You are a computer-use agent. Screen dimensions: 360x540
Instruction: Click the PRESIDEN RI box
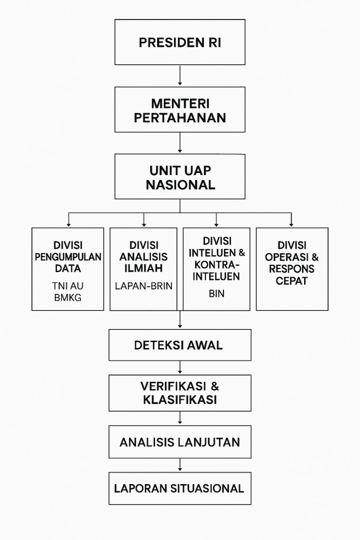tap(180, 42)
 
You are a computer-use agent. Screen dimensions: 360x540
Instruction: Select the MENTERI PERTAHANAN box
tap(180, 110)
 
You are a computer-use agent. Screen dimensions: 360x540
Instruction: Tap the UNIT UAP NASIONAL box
tap(180, 177)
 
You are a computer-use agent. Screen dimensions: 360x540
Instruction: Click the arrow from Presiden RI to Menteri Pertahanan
tap(180, 75)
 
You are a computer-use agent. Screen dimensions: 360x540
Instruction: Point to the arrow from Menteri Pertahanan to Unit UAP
tap(180, 142)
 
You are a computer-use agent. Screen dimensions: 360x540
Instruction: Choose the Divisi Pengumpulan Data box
tap(68, 269)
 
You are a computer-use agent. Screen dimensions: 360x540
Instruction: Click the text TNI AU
tap(68, 286)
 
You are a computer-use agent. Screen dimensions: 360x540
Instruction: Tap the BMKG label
tap(68, 297)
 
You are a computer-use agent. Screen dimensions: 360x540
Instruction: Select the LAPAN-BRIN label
tap(143, 286)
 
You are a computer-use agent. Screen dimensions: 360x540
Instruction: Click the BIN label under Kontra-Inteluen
tap(217, 293)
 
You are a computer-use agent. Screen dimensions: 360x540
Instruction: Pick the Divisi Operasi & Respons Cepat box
tap(292, 269)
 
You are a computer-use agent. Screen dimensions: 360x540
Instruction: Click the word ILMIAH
tap(143, 268)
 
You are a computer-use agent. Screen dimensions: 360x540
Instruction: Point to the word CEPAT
tap(291, 281)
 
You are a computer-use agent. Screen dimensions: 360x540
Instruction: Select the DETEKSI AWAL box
tap(180, 345)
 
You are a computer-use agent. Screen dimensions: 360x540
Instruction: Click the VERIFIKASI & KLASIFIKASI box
tap(180, 393)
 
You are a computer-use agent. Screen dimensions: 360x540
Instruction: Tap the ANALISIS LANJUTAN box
tap(180, 442)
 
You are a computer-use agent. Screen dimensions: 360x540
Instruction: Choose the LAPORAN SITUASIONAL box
tap(180, 488)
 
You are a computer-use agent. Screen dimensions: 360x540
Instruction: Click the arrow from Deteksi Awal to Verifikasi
tap(180, 368)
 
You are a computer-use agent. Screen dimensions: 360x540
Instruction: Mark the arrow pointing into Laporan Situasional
tap(180, 465)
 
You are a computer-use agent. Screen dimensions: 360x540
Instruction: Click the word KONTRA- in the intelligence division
tap(217, 265)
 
